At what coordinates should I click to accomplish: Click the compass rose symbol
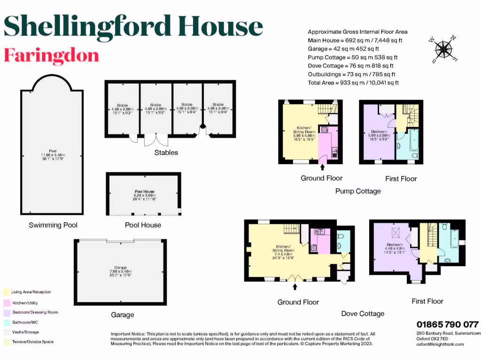pyautogui.click(x=442, y=49)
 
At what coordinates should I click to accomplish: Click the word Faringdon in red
pyautogui.click(x=51, y=55)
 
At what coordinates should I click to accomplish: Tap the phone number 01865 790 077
pyautogui.click(x=448, y=324)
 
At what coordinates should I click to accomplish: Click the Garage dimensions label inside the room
pyautogui.click(x=121, y=272)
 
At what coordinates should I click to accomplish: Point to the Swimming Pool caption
pyautogui.click(x=53, y=225)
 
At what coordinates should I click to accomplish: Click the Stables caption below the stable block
pyautogui.click(x=166, y=152)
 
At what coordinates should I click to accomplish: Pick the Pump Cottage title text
pyautogui.click(x=358, y=191)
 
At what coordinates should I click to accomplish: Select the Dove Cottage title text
pyautogui.click(x=362, y=314)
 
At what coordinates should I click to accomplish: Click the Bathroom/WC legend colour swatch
pyautogui.click(x=6, y=322)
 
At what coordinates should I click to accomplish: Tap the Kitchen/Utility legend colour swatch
pyautogui.click(x=6, y=302)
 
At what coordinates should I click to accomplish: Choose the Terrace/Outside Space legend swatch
pyautogui.click(x=6, y=342)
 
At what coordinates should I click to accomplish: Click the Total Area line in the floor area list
pyautogui.click(x=353, y=83)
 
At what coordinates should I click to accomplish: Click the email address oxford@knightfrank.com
pyautogui.click(x=440, y=344)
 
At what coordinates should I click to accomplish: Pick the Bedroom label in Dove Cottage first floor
pyautogui.click(x=395, y=245)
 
